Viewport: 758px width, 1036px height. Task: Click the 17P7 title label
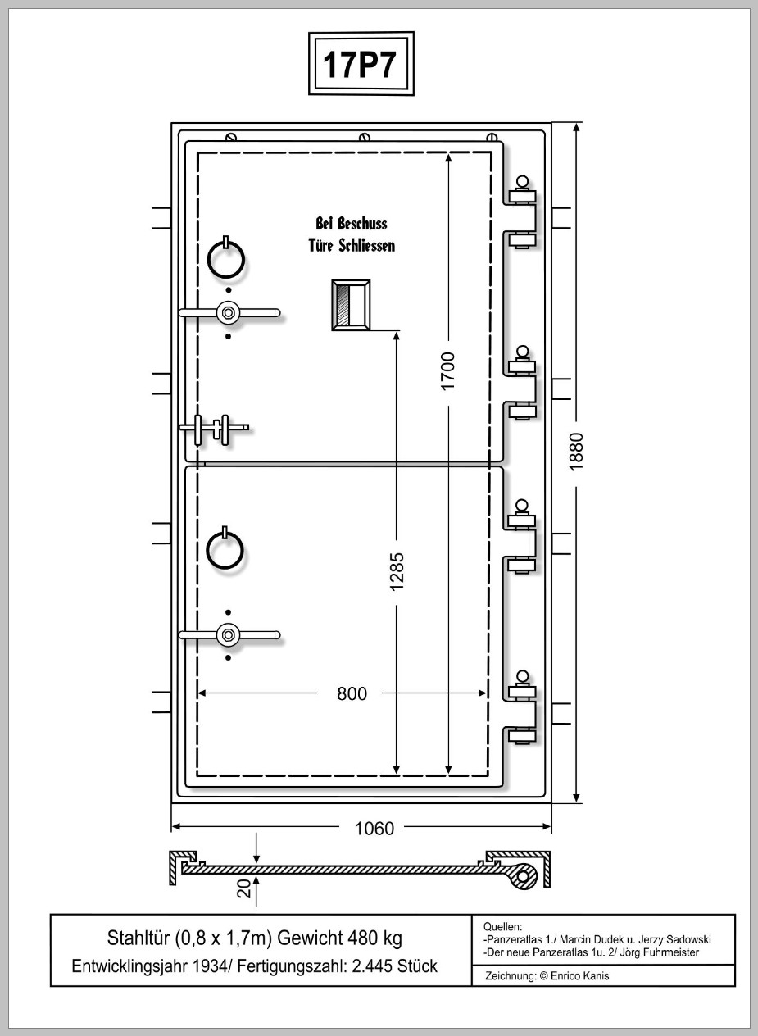(360, 64)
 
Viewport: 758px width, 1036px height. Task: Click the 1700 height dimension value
(447, 371)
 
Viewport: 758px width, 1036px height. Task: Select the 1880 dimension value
(576, 452)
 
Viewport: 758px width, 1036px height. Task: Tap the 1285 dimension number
(397, 571)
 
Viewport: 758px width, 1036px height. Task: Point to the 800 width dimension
(352, 693)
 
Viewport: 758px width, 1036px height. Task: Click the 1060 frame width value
(374, 829)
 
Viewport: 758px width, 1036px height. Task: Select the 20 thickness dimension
(243, 888)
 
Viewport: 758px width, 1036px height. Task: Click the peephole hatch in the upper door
(351, 305)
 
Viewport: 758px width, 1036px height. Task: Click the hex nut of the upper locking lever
(228, 313)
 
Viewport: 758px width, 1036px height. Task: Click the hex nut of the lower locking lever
(228, 634)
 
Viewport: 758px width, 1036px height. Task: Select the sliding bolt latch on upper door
(214, 429)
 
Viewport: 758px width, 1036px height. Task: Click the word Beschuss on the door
(362, 224)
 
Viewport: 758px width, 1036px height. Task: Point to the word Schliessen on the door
(366, 246)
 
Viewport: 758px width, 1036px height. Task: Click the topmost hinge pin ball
(523, 181)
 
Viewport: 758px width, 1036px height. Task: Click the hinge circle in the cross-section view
(523, 876)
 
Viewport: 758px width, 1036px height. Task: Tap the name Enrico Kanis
(580, 976)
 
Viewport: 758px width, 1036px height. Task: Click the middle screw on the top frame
(365, 138)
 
